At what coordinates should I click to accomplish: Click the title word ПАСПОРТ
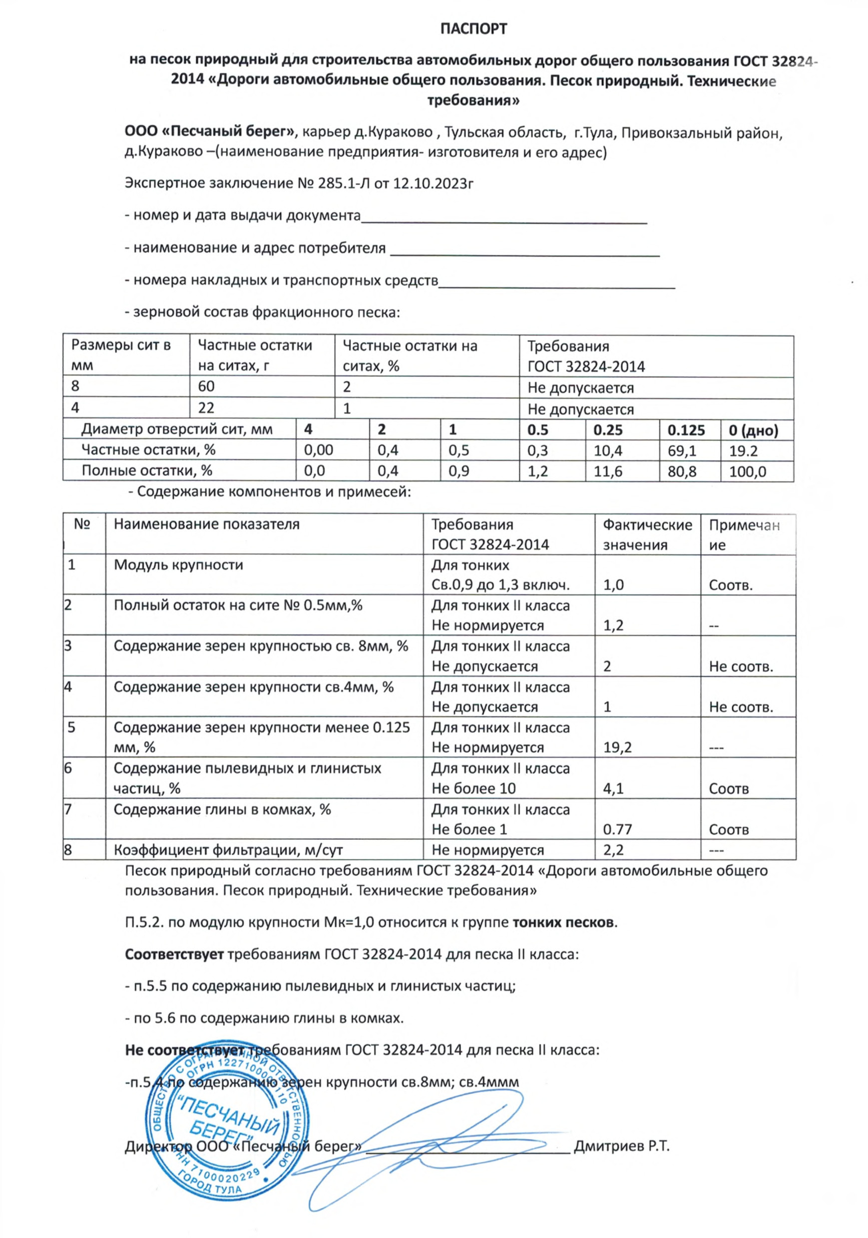[473, 28]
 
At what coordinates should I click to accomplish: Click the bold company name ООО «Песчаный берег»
[210, 132]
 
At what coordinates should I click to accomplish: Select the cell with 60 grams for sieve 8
[206, 387]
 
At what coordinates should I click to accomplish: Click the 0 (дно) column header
[753, 430]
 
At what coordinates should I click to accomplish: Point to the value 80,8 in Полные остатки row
[682, 471]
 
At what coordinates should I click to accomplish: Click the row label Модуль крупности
[178, 565]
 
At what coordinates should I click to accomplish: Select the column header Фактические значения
[647, 534]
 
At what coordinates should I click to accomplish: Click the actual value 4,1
[613, 788]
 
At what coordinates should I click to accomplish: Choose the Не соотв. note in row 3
[740, 666]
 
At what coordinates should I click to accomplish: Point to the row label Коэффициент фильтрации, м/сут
[228, 850]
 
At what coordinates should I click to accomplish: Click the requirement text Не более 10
[473, 788]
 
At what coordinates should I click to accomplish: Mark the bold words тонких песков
[562, 922]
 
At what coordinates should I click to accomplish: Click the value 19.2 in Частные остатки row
[743, 450]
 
